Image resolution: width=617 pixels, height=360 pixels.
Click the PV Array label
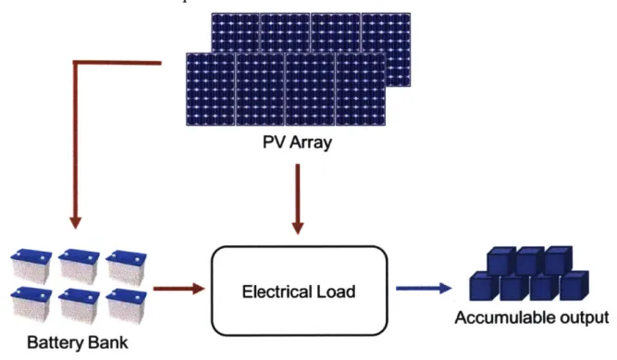[x=297, y=143]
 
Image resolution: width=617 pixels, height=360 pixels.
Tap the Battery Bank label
[x=78, y=342]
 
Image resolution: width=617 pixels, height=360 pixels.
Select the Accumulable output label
[x=532, y=317]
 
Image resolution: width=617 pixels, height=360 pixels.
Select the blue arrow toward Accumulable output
[x=424, y=289]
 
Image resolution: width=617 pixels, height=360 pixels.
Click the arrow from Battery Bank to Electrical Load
[x=179, y=289]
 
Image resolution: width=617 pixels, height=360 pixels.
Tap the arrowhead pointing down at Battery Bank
[x=75, y=222]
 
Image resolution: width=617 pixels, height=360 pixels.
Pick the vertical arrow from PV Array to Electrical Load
[x=298, y=199]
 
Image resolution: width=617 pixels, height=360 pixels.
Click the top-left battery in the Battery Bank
[x=31, y=266]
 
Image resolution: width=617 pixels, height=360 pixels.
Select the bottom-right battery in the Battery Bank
[x=127, y=306]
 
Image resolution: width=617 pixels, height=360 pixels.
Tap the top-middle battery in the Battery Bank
[x=79, y=266]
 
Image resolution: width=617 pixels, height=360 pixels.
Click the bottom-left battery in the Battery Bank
[x=31, y=306]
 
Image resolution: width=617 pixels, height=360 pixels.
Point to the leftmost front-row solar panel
[x=211, y=90]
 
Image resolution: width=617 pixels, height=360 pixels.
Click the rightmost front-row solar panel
[x=361, y=90]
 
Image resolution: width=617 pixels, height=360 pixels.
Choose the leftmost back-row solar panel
[x=235, y=33]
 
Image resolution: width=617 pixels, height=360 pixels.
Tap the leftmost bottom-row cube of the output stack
[x=485, y=286]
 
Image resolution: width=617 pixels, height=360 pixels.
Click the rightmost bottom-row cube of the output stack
[x=574, y=286]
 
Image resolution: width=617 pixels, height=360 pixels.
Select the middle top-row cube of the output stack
[x=530, y=261]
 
